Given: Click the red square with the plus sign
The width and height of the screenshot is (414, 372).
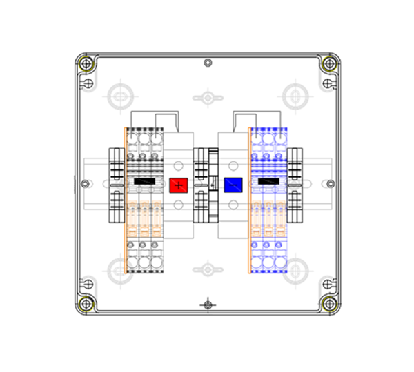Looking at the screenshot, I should click(179, 185).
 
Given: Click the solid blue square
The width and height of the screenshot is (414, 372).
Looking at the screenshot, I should click(234, 185).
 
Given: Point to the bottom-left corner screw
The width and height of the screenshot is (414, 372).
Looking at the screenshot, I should click(86, 304).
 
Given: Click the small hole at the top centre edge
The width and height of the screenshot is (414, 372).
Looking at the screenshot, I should click(208, 63).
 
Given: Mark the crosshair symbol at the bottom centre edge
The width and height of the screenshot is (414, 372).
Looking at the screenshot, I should click(208, 304).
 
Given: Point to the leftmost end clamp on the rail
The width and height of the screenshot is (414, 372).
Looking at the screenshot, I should click(116, 184).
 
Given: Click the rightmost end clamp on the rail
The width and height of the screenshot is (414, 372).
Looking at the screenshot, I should click(297, 184).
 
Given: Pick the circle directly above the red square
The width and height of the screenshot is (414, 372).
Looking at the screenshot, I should click(179, 165).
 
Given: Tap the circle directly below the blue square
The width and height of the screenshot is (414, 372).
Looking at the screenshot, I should click(234, 204).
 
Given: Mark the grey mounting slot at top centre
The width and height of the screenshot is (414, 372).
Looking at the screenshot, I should click(207, 97).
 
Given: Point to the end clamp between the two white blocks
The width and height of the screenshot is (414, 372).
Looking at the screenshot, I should click(202, 184).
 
